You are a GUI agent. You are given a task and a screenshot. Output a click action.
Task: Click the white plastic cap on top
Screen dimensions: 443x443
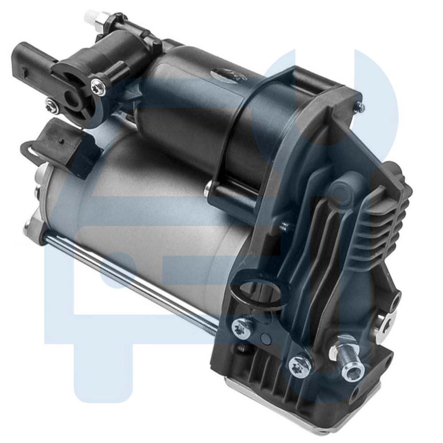point(91,17)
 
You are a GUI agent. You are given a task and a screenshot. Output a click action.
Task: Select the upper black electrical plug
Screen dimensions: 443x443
point(33,58)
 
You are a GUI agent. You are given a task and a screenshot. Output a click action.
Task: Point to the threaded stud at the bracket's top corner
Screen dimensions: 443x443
point(361,107)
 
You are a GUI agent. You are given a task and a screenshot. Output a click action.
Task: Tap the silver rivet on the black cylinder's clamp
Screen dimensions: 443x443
point(209,190)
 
